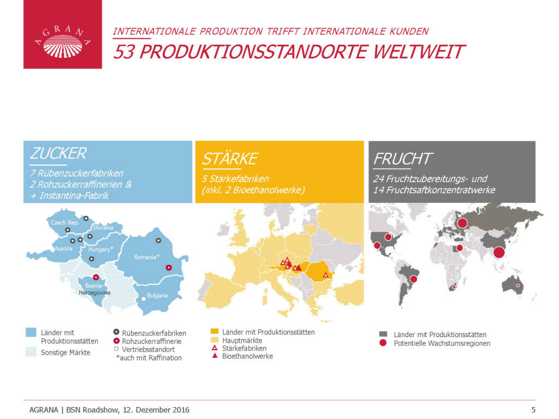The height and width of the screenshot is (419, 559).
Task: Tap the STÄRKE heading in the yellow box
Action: tap(229, 159)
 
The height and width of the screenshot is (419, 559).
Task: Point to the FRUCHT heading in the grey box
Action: tap(402, 159)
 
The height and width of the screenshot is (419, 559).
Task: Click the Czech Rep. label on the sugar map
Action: tap(64, 223)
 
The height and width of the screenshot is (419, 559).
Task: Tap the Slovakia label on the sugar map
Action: tap(103, 227)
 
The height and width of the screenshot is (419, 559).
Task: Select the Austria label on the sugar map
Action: tap(63, 249)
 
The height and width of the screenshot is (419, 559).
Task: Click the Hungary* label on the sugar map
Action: tap(100, 249)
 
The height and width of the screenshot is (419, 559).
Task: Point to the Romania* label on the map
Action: tap(146, 257)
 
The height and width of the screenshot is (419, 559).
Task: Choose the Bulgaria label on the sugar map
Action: tap(157, 296)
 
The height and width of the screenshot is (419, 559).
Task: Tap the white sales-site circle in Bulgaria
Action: tap(144, 298)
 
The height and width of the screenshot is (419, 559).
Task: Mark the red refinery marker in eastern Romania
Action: tap(169, 267)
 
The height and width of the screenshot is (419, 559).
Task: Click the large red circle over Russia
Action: tap(462, 223)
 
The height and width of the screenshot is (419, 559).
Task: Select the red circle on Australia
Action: tap(518, 285)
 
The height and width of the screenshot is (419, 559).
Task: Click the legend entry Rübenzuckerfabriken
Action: tap(154, 333)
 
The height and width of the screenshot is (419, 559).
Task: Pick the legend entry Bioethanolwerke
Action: tap(247, 356)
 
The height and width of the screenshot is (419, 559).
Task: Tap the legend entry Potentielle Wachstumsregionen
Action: tap(442, 343)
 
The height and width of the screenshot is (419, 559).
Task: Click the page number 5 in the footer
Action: tap(533, 410)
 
